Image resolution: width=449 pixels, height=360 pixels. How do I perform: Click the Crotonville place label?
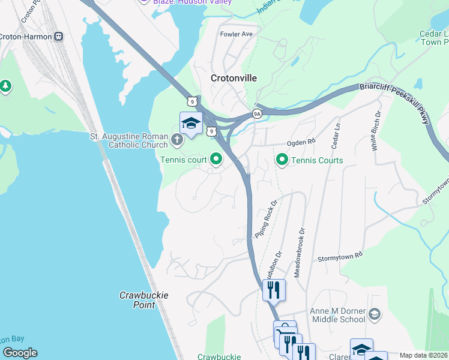[234, 78]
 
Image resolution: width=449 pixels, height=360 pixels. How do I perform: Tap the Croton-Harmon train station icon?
[58, 36]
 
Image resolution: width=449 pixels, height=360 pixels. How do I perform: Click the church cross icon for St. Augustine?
[176, 140]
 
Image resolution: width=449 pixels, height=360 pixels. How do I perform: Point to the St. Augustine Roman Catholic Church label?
[129, 140]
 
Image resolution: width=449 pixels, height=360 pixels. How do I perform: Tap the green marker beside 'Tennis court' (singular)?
[216, 160]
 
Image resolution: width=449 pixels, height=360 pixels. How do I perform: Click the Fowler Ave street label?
[237, 34]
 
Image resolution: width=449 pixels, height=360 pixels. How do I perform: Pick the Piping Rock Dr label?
[267, 219]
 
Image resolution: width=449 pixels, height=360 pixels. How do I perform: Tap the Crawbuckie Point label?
[143, 300]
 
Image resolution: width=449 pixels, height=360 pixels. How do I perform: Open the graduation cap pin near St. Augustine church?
[191, 123]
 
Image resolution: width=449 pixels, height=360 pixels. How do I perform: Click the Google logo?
[20, 353]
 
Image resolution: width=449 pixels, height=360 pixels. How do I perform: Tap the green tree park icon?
[6, 86]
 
